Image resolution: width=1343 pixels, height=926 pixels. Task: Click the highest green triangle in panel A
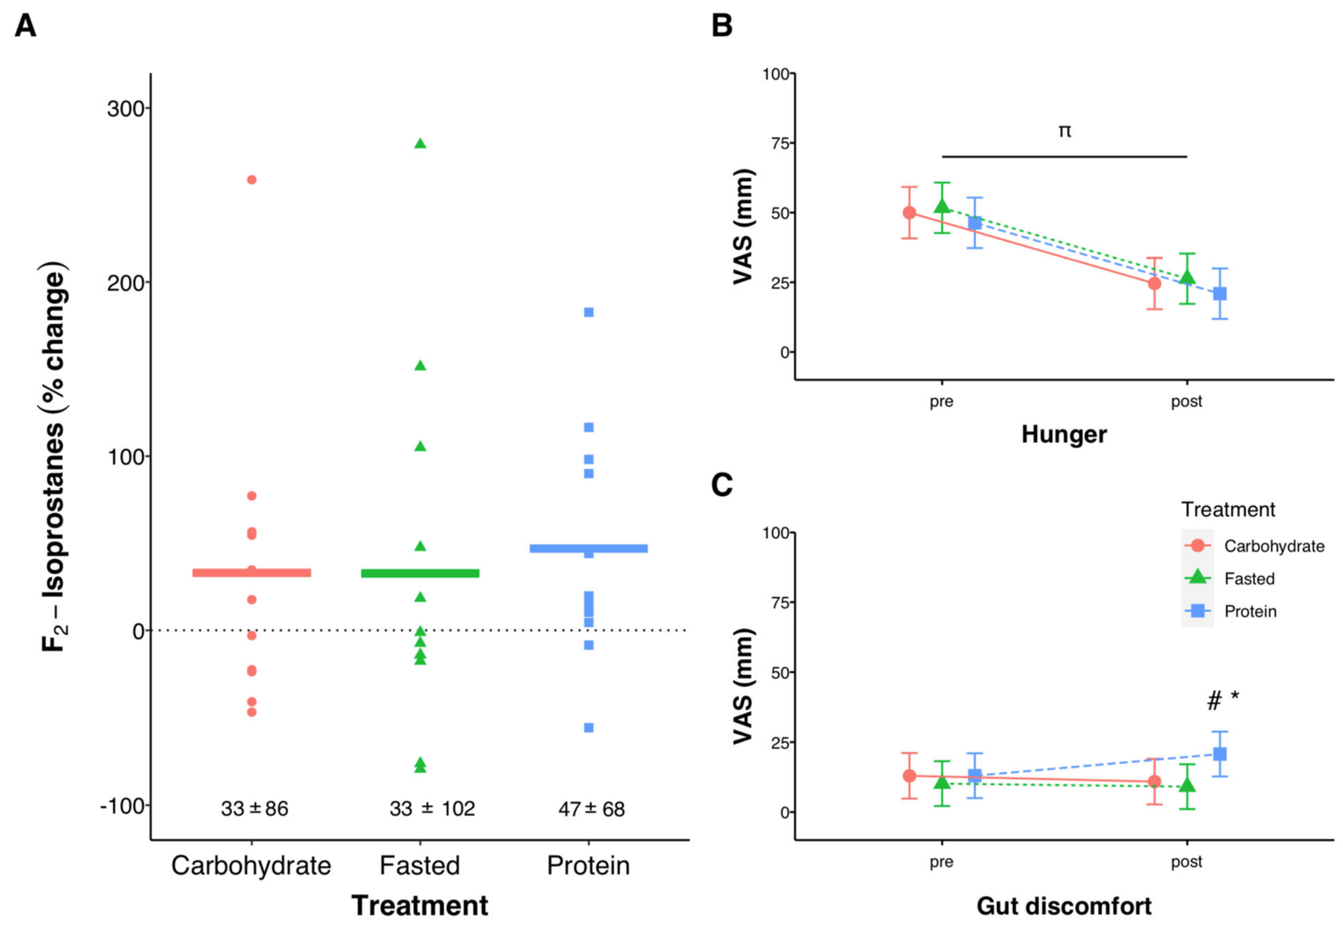pyautogui.click(x=420, y=143)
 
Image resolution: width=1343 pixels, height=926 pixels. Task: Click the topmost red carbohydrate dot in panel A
pyautogui.click(x=252, y=180)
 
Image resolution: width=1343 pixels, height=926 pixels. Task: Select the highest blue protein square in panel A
pyautogui.click(x=588, y=312)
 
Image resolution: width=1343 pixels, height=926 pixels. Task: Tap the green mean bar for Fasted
pyautogui.click(x=420, y=573)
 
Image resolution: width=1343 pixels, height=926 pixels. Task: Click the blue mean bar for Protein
pyautogui.click(x=588, y=548)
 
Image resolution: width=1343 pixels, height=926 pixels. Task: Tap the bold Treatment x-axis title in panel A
pyautogui.click(x=420, y=905)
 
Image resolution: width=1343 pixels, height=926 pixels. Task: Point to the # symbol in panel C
pyautogui.click(x=1213, y=701)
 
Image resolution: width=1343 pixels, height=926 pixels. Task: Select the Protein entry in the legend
pyautogui.click(x=1250, y=611)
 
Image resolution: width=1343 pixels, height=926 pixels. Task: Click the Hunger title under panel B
pyautogui.click(x=1064, y=434)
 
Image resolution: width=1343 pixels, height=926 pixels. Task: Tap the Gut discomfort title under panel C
pyautogui.click(x=1064, y=906)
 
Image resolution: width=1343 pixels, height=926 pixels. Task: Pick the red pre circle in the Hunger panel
pyautogui.click(x=909, y=212)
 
